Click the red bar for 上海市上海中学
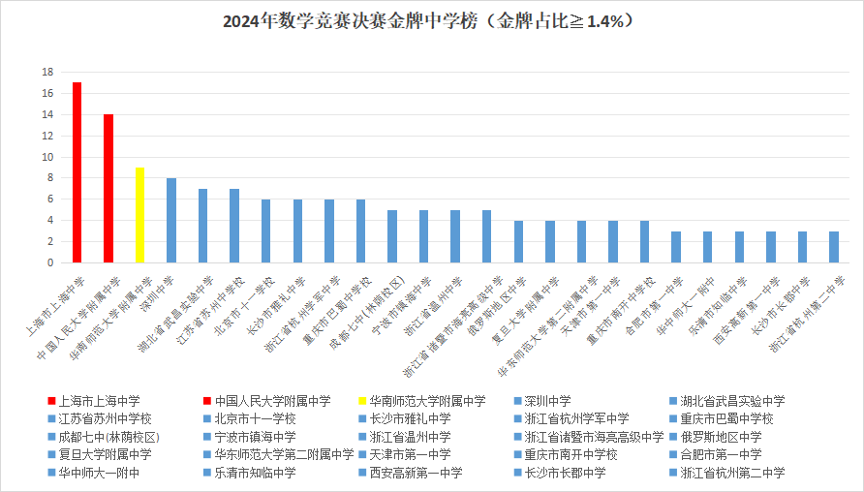(x=77, y=172)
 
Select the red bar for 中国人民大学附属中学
(x=108, y=188)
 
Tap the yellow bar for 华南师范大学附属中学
(x=139, y=215)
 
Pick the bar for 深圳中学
(x=171, y=220)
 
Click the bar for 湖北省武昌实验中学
(x=202, y=226)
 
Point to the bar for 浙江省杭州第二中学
(x=833, y=247)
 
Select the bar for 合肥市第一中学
(x=676, y=247)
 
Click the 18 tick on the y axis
(x=46, y=73)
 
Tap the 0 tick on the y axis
(x=49, y=262)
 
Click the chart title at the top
(x=431, y=20)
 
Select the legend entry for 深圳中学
(x=547, y=400)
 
